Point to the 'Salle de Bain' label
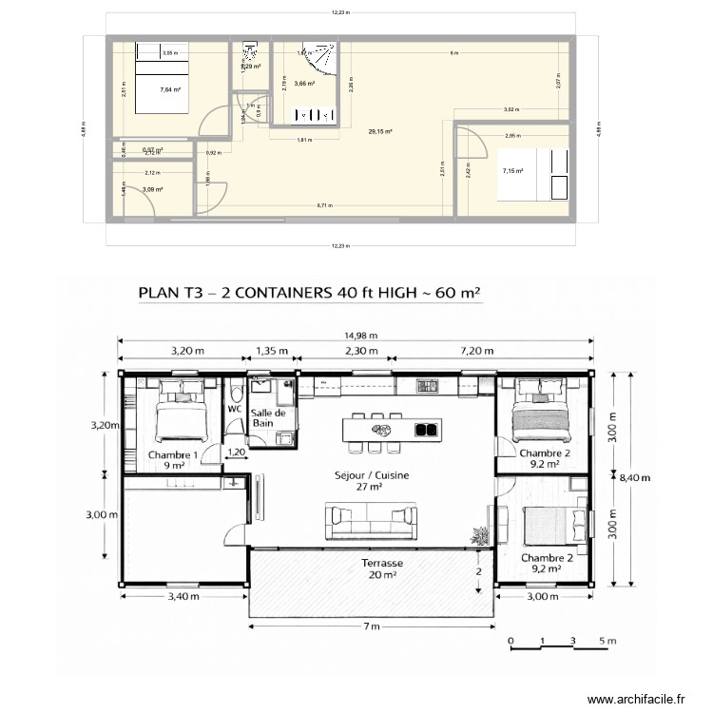point(268,417)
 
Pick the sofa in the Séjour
point(371,521)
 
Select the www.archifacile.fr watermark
point(636,699)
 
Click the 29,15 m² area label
point(382,132)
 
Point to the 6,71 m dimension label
point(324,205)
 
